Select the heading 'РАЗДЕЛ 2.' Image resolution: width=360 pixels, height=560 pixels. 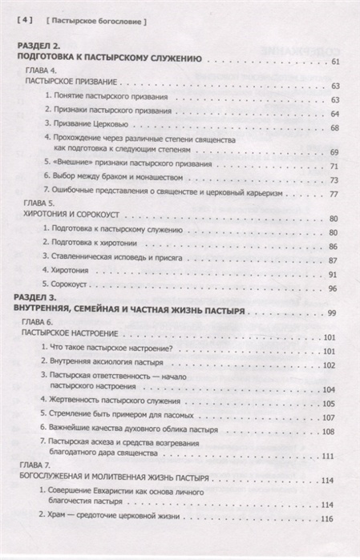[40, 48]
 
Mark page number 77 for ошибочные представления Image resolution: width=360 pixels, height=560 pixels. [334, 195]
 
